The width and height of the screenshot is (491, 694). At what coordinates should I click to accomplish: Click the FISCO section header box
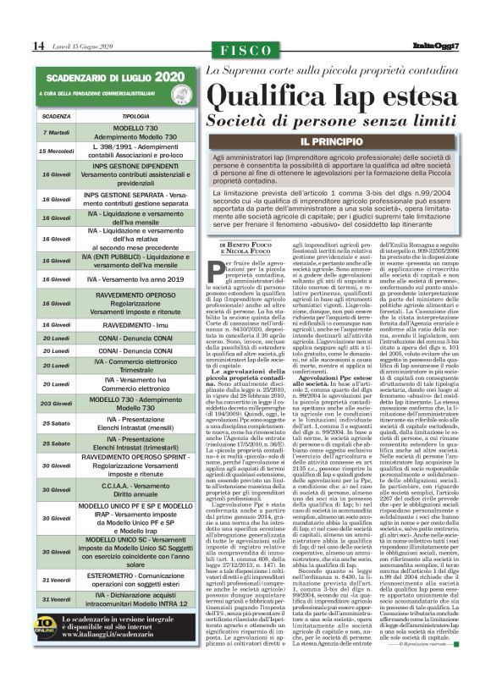(245, 50)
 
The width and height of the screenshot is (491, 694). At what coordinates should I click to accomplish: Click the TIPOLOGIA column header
(129, 116)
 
